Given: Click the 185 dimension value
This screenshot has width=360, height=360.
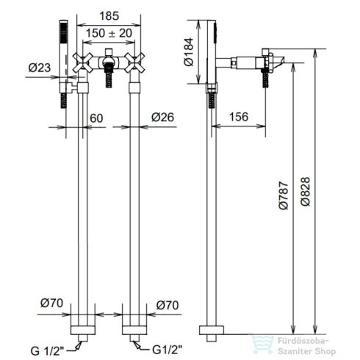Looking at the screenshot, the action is point(109,16).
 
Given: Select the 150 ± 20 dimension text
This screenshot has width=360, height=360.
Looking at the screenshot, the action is point(109,33).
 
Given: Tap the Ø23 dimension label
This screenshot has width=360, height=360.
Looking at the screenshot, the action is point(40,68).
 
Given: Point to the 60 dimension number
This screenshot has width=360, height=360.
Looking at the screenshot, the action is point(96,118).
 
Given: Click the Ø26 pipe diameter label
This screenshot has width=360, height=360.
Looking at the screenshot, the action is point(162,118).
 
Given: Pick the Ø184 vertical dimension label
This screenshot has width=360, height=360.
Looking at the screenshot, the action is point(189,52).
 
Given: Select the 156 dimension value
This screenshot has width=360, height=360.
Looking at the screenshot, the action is point(239,117).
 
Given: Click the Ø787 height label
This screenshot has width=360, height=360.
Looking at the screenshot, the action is point(284,195).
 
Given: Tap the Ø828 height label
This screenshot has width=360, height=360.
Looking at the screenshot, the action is point(305,192).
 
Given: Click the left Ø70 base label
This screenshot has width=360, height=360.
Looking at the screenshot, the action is point(51,303).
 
